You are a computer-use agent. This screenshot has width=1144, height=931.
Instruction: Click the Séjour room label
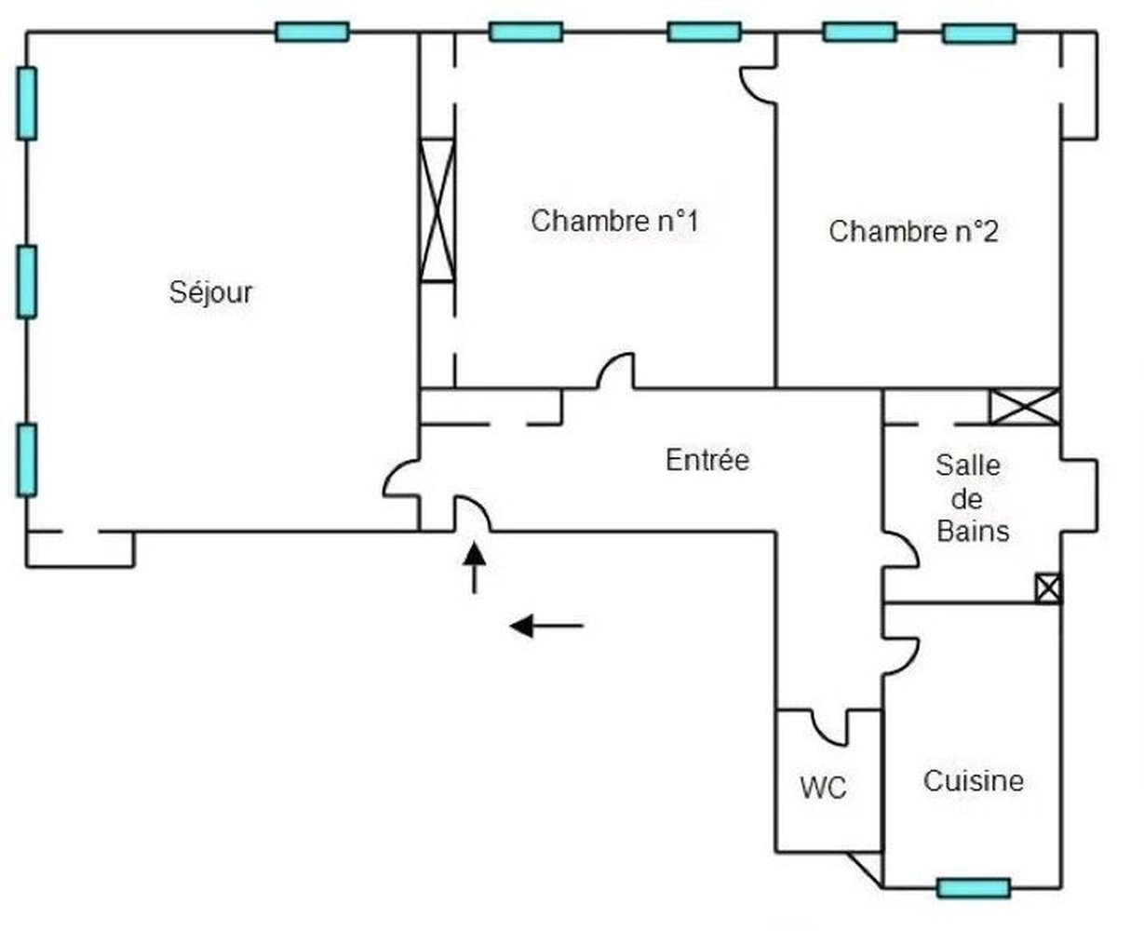(x=211, y=293)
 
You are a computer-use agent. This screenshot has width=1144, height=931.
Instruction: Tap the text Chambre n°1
(x=614, y=222)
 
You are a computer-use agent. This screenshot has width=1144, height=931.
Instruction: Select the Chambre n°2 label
(x=913, y=231)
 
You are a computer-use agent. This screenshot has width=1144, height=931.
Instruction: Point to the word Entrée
(x=707, y=460)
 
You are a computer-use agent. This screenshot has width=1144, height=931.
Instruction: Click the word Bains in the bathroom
(x=973, y=532)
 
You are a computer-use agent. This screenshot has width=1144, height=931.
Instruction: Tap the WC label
(x=824, y=789)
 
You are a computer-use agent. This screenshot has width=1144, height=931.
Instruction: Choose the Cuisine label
(x=973, y=780)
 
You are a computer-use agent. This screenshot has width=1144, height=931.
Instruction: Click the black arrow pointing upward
(x=475, y=566)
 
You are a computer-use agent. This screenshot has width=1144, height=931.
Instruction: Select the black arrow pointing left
(x=546, y=626)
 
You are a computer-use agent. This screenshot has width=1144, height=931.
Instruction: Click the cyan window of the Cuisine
(x=973, y=888)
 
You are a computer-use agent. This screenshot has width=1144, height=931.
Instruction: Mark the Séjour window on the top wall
(x=312, y=33)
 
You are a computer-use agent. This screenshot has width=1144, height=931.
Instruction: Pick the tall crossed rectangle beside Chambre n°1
(x=437, y=209)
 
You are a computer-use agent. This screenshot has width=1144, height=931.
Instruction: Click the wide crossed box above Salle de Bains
(x=1024, y=407)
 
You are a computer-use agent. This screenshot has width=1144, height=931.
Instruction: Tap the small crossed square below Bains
(x=1048, y=588)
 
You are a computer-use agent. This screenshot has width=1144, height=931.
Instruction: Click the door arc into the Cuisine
(x=901, y=655)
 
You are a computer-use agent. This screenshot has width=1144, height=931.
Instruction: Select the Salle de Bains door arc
(x=901, y=549)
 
